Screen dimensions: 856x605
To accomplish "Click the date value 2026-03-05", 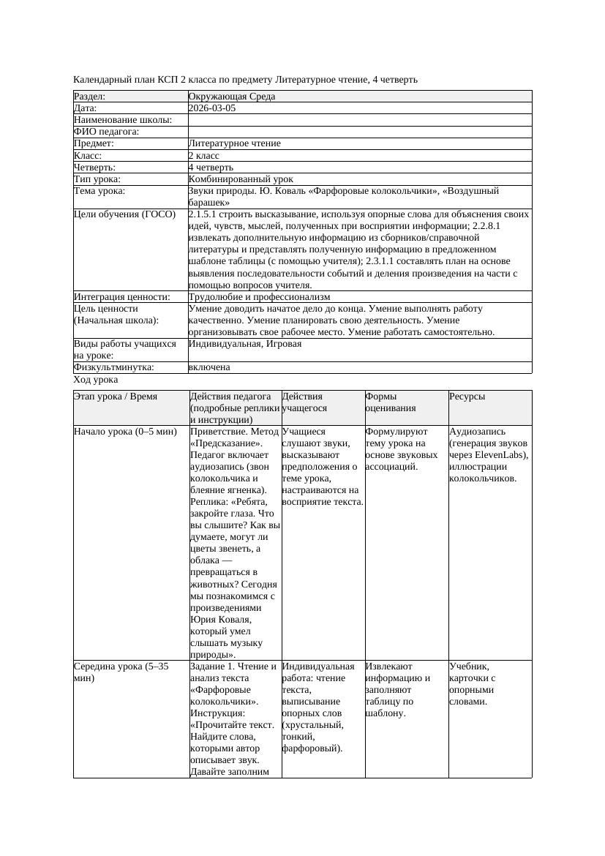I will click(212, 108).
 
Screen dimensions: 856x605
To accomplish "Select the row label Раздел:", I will click(90, 97).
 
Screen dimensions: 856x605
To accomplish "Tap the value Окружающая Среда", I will click(232, 97).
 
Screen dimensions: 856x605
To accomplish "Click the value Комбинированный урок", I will click(241, 179).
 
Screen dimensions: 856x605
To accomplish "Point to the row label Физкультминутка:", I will click(114, 368).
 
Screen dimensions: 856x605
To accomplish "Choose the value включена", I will click(209, 368).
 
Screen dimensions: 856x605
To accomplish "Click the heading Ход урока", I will click(96, 380).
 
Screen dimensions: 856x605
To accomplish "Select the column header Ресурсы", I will click(467, 397).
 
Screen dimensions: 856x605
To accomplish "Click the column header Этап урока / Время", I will click(116, 397).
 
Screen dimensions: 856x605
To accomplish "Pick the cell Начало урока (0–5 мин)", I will click(126, 432).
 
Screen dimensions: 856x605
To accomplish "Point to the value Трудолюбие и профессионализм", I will click(259, 297).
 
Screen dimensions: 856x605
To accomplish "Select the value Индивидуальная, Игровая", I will click(245, 344).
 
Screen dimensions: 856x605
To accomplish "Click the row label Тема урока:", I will click(99, 191).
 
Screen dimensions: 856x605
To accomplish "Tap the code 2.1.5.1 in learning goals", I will click(205, 214).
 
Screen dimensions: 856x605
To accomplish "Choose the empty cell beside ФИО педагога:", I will click(359, 132).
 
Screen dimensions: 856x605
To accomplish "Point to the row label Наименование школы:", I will click(123, 120).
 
